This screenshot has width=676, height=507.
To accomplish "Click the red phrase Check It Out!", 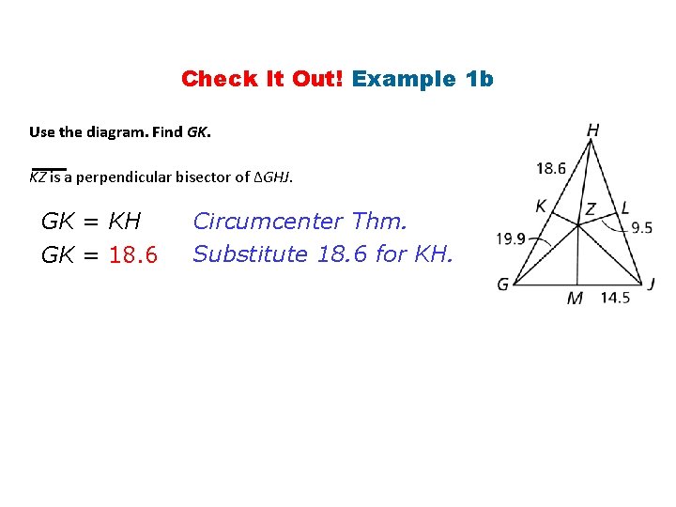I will pos(263,79).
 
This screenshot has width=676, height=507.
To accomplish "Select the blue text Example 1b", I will pos(422,79).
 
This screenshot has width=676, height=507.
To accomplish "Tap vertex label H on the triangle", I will pos(592,131).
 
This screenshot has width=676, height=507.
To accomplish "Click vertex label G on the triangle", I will pos(503,284).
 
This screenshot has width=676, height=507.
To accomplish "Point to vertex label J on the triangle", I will pos(651,283).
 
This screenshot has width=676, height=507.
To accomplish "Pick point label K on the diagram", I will pos(541,206).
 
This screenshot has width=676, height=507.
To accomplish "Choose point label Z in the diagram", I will pos(590,208).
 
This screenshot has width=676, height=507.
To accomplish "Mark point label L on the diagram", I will pos(624,207).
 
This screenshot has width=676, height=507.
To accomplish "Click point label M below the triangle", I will pos(575,299).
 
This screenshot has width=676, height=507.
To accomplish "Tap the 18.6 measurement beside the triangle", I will pos(551,169).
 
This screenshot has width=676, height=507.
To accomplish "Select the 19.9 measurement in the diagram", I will pos(511,239).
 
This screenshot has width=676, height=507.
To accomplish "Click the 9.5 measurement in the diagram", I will pos(641,227).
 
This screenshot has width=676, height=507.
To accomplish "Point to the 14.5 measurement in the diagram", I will pos(615,298).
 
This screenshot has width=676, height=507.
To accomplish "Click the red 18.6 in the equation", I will pos(133,255).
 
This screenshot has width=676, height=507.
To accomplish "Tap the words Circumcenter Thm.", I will pos(300,222).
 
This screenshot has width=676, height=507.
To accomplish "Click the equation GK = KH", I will pos(91,222).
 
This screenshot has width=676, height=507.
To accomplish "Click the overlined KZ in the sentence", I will pos(38,177).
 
